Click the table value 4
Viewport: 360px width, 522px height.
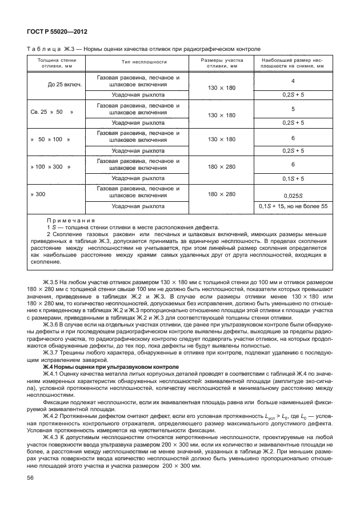293,81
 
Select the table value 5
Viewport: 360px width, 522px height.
293,109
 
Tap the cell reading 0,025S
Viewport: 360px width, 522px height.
293,195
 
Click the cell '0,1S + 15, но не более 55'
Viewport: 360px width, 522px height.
293,206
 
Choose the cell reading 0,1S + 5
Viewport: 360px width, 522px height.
293,178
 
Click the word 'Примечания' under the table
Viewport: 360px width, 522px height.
71,220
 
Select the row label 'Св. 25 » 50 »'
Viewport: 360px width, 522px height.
52,113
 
